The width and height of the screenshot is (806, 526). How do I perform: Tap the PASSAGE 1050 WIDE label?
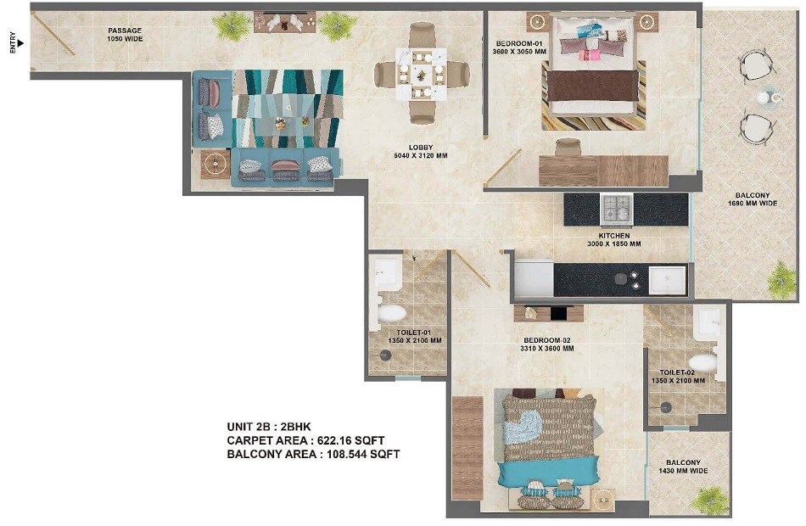pyautogui.click(x=125, y=36)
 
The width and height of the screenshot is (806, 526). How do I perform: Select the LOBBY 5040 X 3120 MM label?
pyautogui.click(x=422, y=151)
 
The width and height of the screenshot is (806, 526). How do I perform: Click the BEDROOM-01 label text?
pyautogui.click(x=520, y=47)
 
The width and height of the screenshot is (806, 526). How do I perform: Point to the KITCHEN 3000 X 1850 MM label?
pyautogui.click(x=614, y=239)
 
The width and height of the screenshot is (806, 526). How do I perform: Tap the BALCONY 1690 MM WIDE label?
pyautogui.click(x=747, y=199)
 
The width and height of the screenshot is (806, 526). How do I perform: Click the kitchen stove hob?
pyautogui.click(x=617, y=208)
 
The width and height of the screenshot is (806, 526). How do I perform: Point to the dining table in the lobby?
pyautogui.click(x=422, y=74)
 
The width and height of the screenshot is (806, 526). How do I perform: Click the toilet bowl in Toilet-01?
pyautogui.click(x=391, y=313)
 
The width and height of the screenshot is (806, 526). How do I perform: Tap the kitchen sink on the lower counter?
pyautogui.click(x=666, y=279)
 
